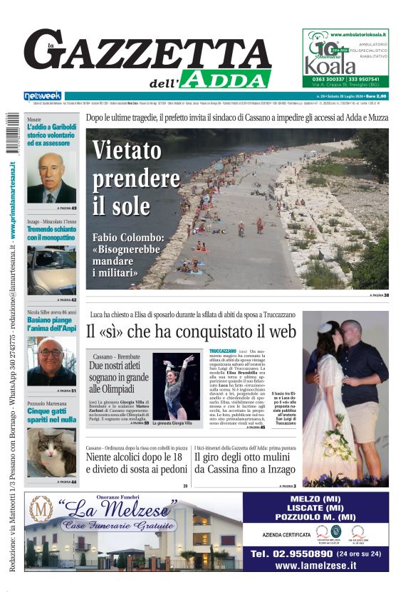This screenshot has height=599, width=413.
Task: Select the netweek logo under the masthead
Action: click(x=43, y=95)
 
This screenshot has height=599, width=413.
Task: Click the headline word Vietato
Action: click(x=127, y=151)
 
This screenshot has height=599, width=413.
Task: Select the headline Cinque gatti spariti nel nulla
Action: click(x=51, y=415)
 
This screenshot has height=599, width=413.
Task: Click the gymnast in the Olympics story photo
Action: click(x=176, y=385)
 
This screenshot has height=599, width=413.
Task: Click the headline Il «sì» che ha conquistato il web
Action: click(x=191, y=332)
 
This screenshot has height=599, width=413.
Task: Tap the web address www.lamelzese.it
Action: click(x=315, y=566)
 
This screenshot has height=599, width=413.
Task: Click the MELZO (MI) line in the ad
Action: click(x=315, y=500)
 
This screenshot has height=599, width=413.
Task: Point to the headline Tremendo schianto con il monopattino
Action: click(x=51, y=233)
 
